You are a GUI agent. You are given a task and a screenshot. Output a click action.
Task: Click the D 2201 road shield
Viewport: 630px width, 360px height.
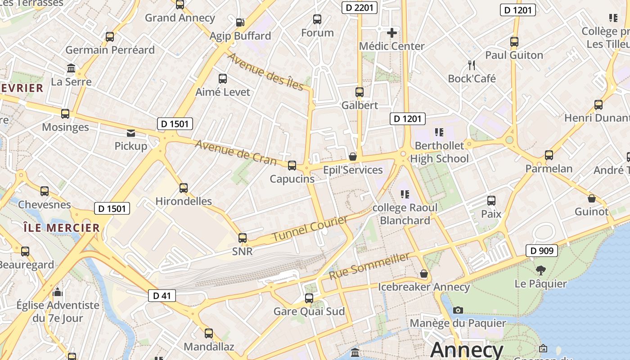[x=359, y=8]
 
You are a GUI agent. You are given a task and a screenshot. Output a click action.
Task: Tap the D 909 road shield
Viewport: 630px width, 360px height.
[x=542, y=251]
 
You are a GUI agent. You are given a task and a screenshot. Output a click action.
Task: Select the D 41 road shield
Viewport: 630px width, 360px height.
[x=162, y=296]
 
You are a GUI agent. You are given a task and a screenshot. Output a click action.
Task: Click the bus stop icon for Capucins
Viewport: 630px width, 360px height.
[x=292, y=166]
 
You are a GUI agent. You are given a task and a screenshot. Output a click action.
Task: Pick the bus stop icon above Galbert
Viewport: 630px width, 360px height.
[x=359, y=92]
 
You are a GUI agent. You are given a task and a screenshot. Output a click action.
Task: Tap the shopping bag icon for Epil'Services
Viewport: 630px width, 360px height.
[x=353, y=157]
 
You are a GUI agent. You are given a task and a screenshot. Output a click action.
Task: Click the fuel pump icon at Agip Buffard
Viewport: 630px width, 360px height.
[x=240, y=22]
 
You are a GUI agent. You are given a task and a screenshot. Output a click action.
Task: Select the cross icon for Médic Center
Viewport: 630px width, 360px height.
[x=392, y=32]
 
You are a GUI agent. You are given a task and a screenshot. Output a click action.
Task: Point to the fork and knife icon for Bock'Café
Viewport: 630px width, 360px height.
[x=472, y=65]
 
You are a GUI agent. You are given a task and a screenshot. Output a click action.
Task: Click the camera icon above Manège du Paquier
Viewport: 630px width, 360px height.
[x=458, y=310]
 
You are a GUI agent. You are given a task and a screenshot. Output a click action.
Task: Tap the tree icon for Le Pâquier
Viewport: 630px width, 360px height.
[x=541, y=270]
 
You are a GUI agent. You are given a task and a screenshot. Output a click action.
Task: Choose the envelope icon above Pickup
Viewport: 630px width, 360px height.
[x=131, y=133]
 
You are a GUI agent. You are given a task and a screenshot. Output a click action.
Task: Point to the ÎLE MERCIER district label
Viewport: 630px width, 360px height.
[x=62, y=228]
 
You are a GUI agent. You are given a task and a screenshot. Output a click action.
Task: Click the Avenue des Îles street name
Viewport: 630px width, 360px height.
[x=265, y=71]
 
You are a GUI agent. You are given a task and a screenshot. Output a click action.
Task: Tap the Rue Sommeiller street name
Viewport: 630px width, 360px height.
[x=369, y=265]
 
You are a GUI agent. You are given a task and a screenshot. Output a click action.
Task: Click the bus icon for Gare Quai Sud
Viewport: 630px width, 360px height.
[x=309, y=298]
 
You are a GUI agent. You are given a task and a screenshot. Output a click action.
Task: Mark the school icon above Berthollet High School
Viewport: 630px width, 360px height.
[x=439, y=132]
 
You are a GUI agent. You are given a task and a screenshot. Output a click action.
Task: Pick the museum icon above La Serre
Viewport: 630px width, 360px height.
[x=71, y=68]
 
